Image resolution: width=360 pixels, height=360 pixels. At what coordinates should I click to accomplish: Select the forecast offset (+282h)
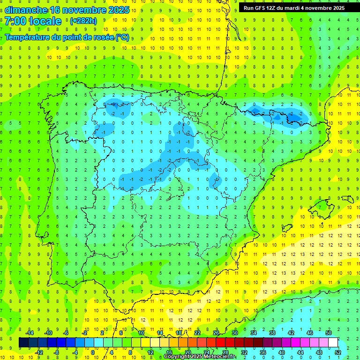coord(83,21)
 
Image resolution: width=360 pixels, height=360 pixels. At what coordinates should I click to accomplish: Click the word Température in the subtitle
coord(28,37)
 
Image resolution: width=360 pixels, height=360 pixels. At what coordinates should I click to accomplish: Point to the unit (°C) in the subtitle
coord(122,37)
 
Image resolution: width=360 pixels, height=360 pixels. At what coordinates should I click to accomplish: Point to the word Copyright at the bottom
coord(177,357)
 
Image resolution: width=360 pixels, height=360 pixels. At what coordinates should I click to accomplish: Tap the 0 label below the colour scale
coord(93,352)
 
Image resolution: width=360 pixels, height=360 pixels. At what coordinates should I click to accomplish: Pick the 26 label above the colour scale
coord(216,333)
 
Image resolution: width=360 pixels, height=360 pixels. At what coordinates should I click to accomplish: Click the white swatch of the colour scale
coord(333,343)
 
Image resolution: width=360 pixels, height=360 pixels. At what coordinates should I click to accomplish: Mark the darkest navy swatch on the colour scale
coord(23,343)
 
